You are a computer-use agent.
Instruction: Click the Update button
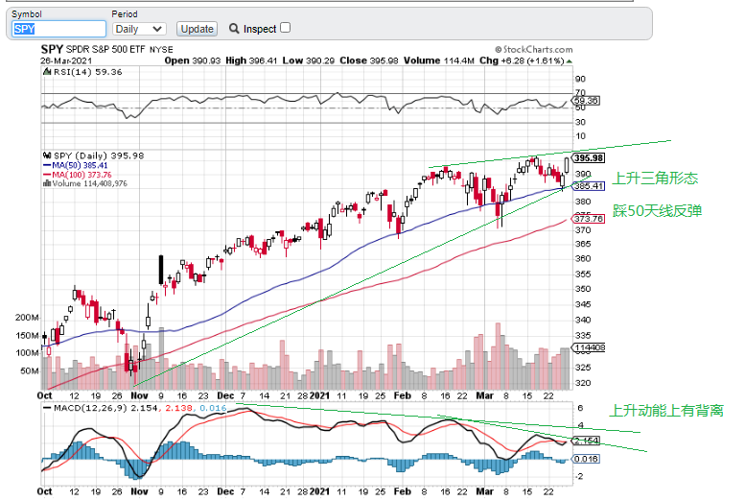[198, 29]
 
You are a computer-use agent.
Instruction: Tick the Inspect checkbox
[285, 28]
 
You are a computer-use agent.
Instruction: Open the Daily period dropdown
[139, 29]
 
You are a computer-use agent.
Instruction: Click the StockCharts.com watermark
[529, 48]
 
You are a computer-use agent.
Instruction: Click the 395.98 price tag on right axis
[588, 157]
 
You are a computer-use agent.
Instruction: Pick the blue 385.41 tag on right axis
[588, 186]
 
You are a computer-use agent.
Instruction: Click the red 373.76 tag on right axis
[588, 219]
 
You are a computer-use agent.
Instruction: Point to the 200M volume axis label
[26, 317]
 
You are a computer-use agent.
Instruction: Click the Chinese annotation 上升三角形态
[655, 178]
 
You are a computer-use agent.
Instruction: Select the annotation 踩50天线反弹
[657, 209]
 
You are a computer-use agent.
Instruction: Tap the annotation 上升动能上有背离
[666, 410]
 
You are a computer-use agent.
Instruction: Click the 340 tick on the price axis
[582, 319]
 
